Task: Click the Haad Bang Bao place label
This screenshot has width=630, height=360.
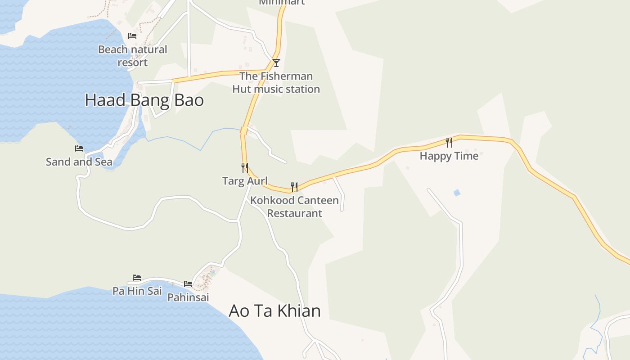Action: click(x=144, y=100)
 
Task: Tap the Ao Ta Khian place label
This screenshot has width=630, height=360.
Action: click(x=274, y=311)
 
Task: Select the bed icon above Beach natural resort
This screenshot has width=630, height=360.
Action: click(x=132, y=36)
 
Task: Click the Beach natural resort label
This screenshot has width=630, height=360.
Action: click(x=133, y=56)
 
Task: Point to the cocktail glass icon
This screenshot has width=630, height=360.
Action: click(x=276, y=63)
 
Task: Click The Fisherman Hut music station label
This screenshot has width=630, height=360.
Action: click(x=276, y=82)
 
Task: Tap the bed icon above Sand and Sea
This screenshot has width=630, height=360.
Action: click(x=79, y=148)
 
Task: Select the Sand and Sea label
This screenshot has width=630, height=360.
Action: click(x=79, y=162)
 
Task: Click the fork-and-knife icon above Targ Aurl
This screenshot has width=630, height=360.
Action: click(x=245, y=168)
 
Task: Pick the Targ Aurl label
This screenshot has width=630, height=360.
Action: click(x=245, y=181)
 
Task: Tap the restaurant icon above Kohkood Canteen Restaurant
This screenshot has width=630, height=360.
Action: click(x=294, y=187)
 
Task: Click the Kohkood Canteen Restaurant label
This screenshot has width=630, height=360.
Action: click(x=295, y=207)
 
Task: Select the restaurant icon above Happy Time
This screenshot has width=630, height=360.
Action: click(x=449, y=143)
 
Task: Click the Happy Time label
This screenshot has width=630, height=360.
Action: click(x=449, y=156)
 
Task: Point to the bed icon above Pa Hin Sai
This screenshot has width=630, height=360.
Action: click(x=137, y=278)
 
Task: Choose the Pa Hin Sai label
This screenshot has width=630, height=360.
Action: click(x=137, y=291)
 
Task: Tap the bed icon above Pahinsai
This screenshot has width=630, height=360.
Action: click(x=188, y=284)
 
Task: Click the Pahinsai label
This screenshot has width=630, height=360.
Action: click(x=188, y=297)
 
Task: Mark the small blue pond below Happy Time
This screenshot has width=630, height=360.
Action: click(x=457, y=193)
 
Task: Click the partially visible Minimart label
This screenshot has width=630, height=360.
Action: click(x=282, y=2)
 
